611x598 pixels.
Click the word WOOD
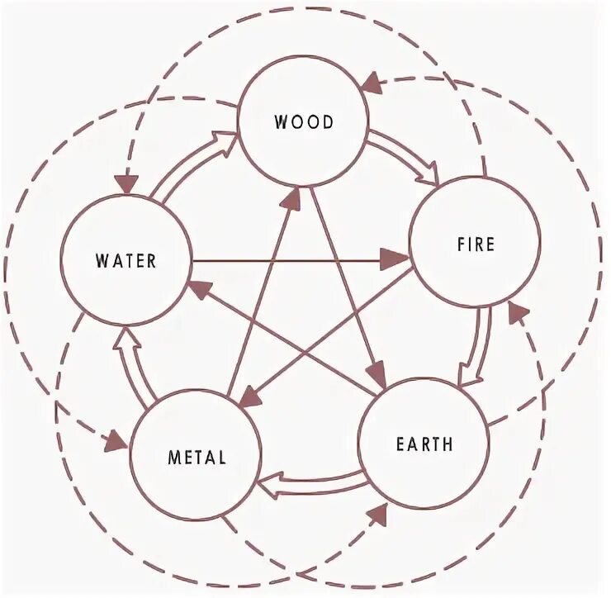304,123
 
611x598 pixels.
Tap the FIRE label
475,244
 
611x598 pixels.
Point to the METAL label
197,457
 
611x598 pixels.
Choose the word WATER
126,262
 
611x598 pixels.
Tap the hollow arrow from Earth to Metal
312,481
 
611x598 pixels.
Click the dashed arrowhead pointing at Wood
371,83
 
